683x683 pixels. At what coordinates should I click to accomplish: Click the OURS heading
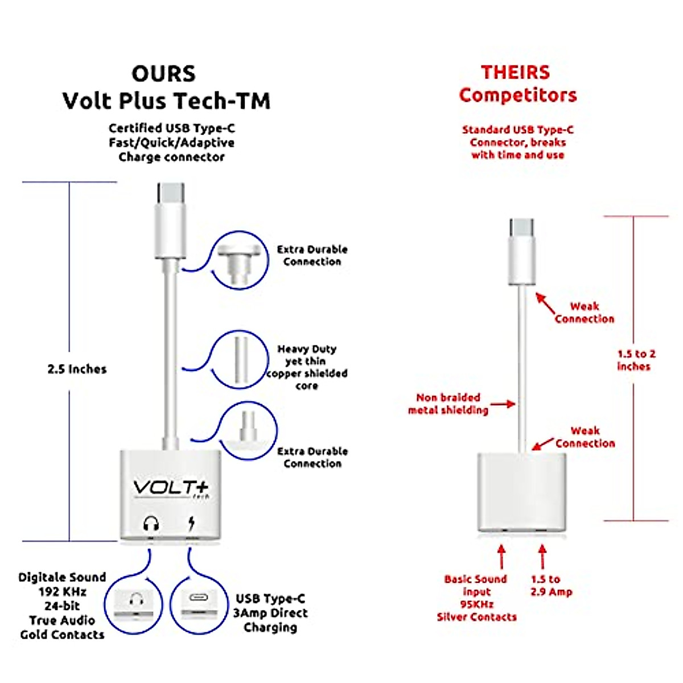163,74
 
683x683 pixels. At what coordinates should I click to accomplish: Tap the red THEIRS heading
515,73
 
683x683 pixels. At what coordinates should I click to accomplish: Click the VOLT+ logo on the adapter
171,488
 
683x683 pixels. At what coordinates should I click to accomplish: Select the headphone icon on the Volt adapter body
151,522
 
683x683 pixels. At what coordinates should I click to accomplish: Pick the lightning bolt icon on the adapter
191,522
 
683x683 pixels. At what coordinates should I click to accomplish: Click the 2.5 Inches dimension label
77,369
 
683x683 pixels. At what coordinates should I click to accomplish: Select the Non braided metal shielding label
448,404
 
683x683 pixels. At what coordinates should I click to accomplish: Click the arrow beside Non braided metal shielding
503,404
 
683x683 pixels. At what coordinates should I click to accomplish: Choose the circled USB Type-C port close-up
199,604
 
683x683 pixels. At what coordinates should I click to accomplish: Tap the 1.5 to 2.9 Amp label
550,585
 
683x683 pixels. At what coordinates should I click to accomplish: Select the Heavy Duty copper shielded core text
307,367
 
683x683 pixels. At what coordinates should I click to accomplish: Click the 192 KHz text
62,591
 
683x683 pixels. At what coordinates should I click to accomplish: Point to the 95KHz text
476,604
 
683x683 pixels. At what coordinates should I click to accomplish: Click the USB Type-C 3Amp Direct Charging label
270,613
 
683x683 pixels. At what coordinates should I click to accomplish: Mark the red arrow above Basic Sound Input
501,557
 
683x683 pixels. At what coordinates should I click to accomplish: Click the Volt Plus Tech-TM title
166,101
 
